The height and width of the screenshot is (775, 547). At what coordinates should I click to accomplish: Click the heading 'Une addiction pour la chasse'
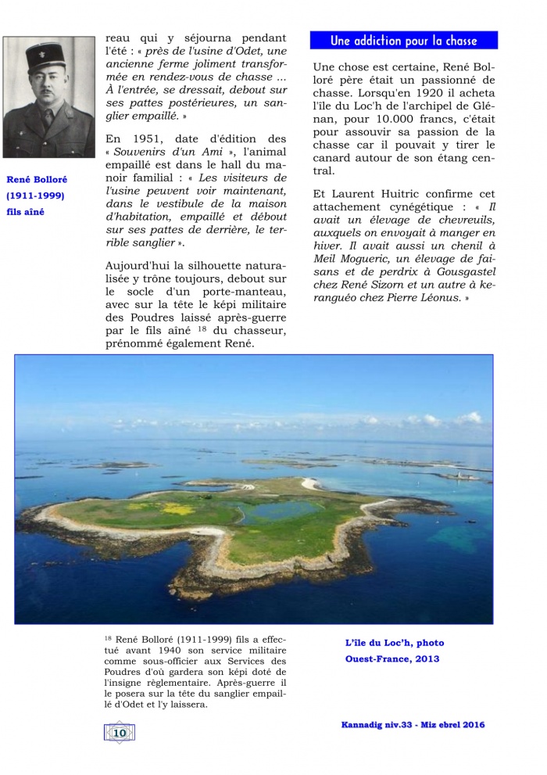(403, 41)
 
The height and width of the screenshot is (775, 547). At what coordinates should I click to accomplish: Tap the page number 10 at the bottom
(120, 732)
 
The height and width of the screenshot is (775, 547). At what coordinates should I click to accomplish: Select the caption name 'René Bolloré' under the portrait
(37, 180)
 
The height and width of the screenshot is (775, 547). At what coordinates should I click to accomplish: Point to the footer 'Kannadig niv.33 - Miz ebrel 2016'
(413, 725)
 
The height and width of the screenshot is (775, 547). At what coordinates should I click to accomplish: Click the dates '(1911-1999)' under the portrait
(36, 196)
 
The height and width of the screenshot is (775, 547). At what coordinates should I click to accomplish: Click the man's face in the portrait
(46, 86)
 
